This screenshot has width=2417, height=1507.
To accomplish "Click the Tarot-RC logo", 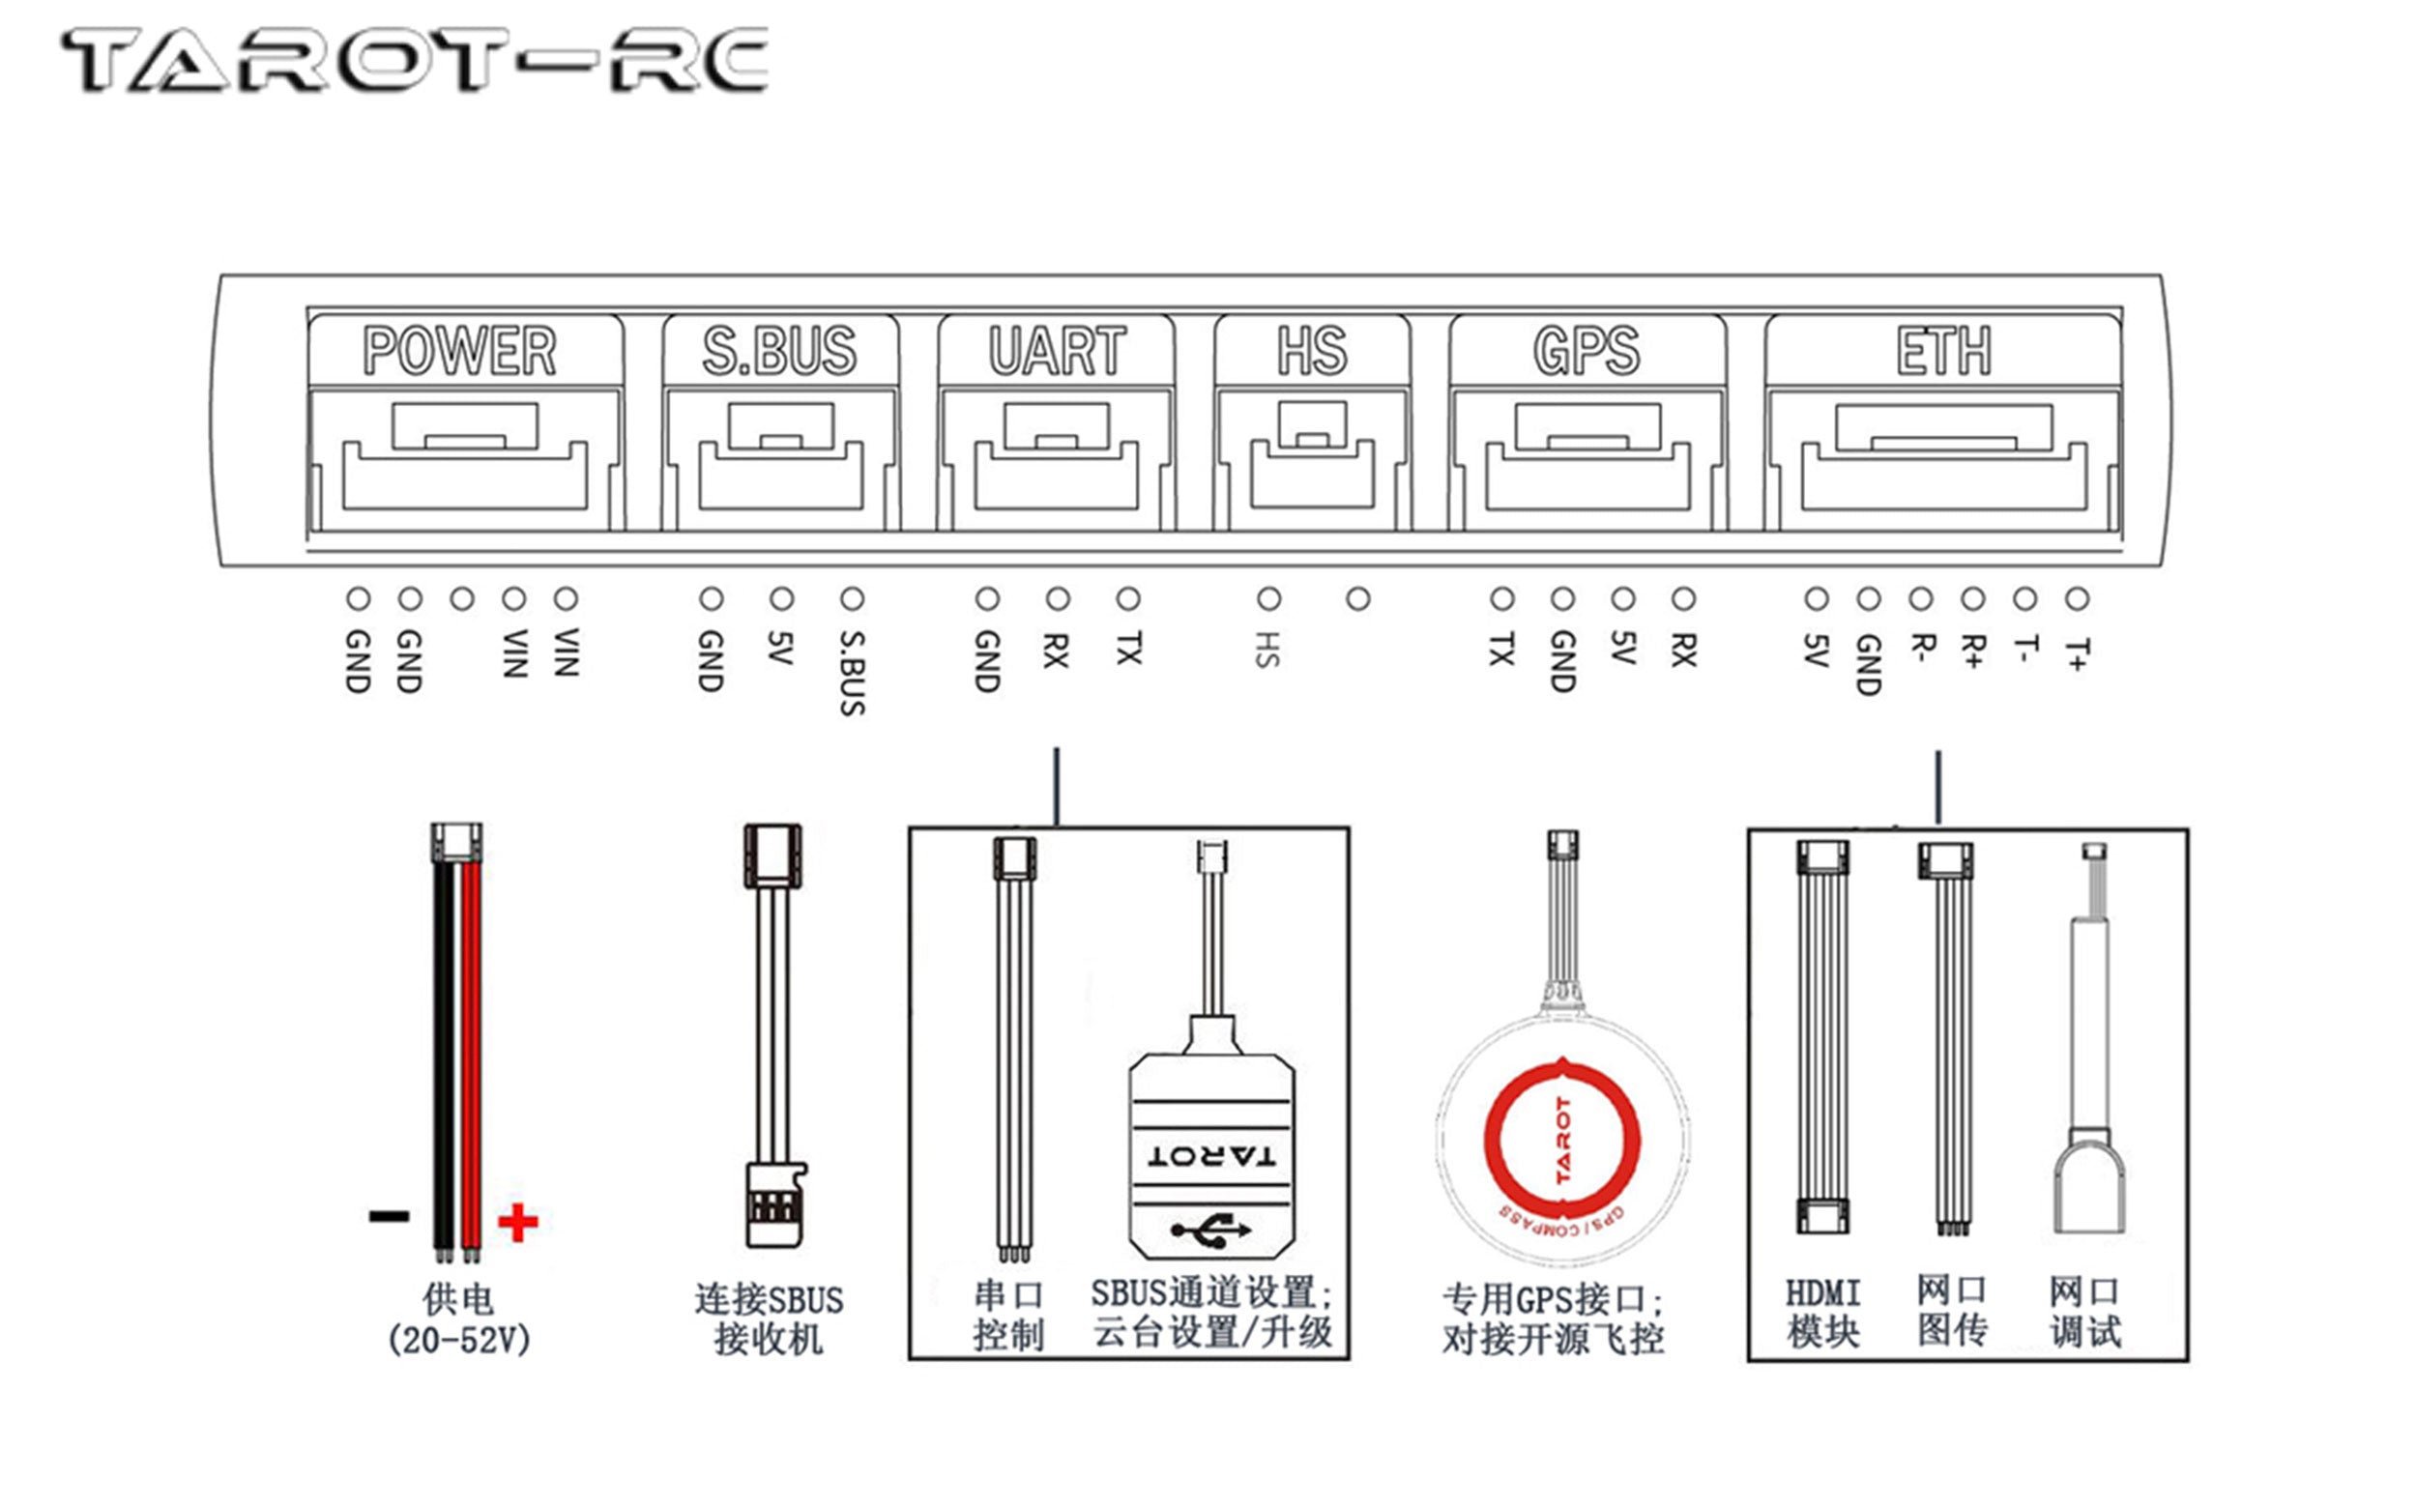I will coord(414,61).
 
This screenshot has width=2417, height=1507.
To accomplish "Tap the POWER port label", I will coord(459,351).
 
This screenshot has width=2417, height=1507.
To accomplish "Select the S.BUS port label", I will coord(779,351).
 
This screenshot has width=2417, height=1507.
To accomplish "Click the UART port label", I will coord(1057,351).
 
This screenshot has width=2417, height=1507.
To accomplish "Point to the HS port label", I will coord(1312,351).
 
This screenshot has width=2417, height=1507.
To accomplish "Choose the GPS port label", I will coord(1586,351).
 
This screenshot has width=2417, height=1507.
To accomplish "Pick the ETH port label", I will coord(1943,351).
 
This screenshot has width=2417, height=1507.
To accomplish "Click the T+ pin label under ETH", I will coord(2077,654).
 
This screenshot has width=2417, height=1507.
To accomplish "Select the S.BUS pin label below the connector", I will coord(852,672).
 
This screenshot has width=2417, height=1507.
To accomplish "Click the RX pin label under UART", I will coord(1057,649).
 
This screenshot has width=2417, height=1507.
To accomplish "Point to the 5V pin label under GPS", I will coord(1622,648).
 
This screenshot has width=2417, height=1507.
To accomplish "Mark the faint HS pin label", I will coord(1267,649).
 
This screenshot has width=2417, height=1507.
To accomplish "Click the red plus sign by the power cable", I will coord(517,1222).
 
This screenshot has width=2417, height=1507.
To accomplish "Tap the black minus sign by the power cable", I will coord(389,1216).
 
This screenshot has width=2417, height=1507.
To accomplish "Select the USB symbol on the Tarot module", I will coord(1210,1230).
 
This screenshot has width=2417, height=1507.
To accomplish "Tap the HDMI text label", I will coord(1822,1293).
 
